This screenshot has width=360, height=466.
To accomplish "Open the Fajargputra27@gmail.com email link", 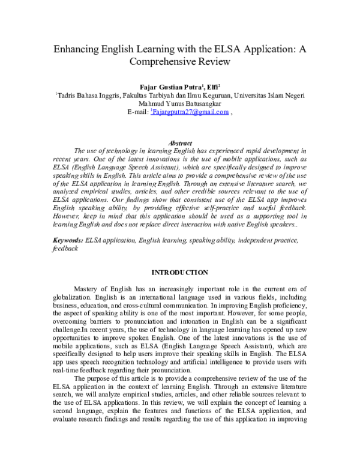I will (190, 112).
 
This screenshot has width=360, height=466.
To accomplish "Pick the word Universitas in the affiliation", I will (254, 95).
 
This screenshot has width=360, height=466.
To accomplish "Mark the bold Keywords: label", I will (68, 223).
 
